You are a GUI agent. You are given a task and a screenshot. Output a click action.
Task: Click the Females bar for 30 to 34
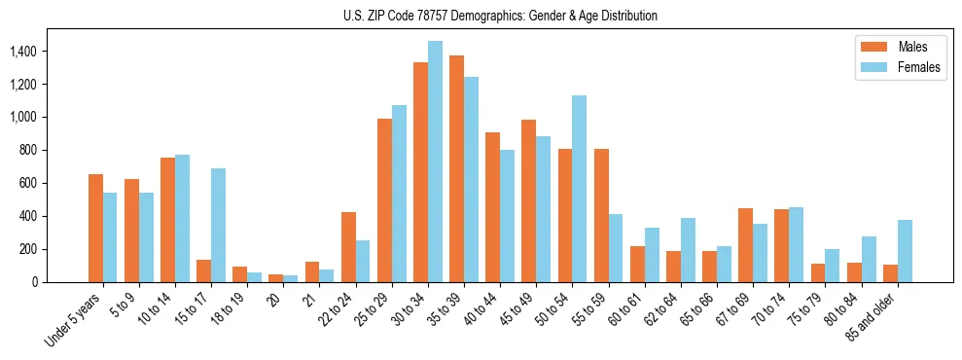(x=435, y=162)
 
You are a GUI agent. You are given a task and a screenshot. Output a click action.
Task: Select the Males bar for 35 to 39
(x=456, y=168)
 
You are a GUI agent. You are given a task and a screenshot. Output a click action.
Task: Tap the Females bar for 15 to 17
(x=218, y=225)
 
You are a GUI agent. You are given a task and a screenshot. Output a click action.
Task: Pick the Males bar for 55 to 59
(x=601, y=215)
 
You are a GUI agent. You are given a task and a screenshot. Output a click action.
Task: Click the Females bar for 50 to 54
(x=579, y=189)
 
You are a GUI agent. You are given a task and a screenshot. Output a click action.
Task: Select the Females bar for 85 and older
(x=905, y=251)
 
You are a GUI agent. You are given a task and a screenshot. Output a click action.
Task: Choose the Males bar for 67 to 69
(x=745, y=245)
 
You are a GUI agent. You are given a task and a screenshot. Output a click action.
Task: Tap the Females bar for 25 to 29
(x=399, y=194)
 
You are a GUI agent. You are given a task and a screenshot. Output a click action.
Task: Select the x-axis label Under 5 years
(x=77, y=318)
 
